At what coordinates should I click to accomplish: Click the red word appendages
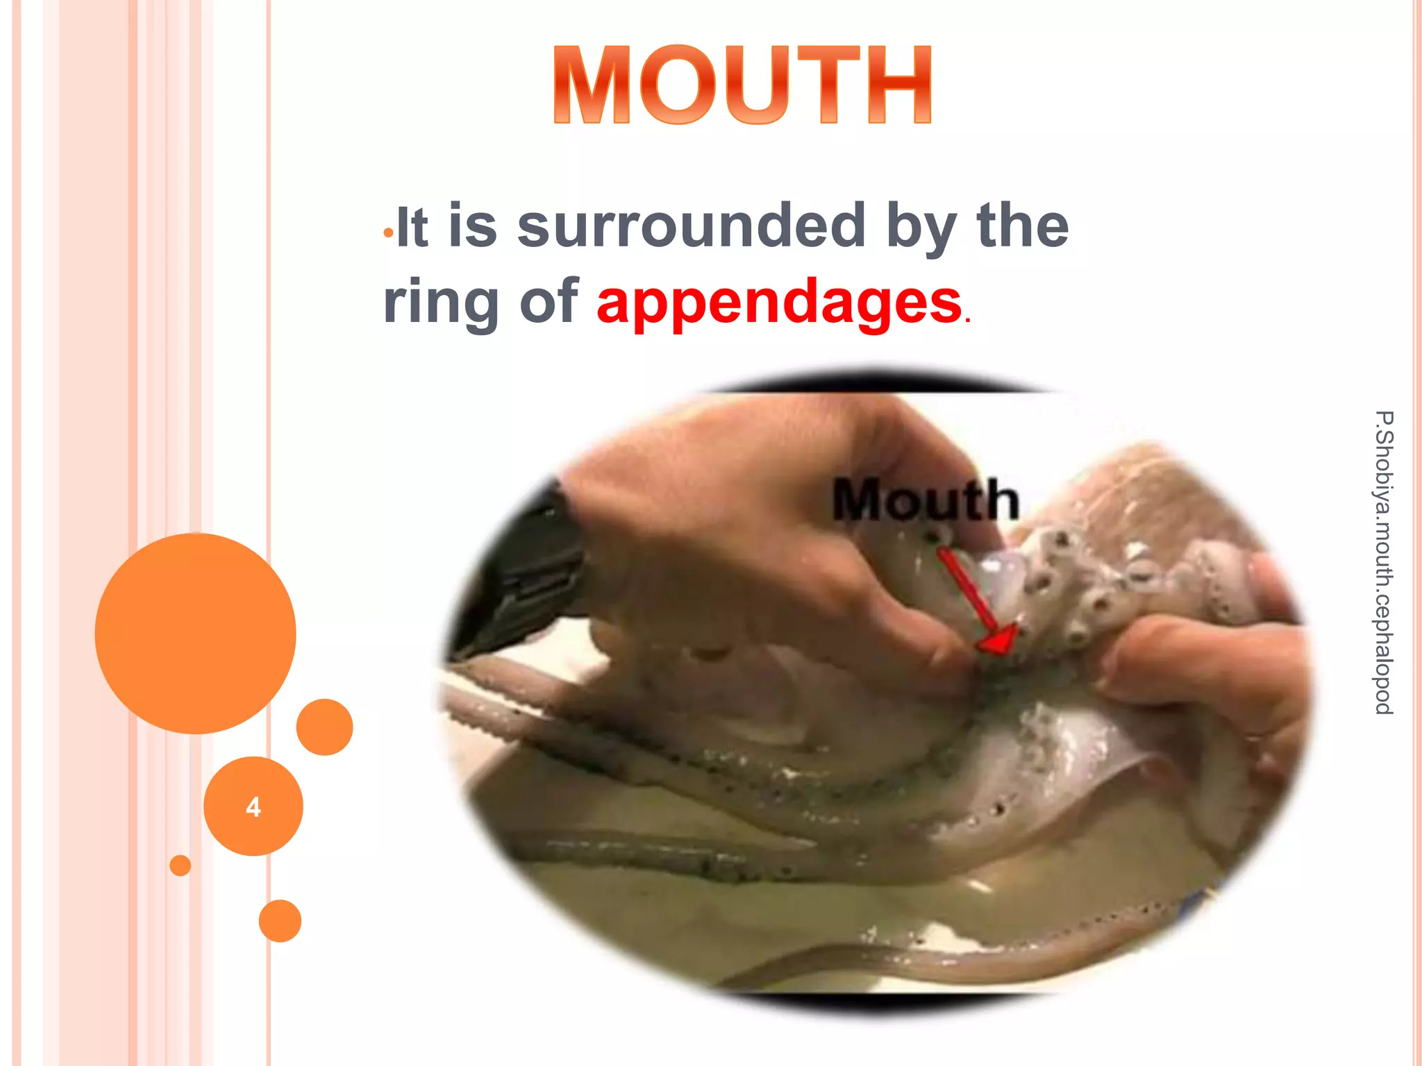point(779,302)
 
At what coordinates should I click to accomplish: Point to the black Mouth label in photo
point(925,500)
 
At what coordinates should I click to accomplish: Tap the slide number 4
point(253,807)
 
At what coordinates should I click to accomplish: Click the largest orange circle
point(196,633)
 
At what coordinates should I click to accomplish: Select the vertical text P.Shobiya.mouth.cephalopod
point(1384,562)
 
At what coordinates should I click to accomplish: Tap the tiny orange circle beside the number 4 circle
point(181,865)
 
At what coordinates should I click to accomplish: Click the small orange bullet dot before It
point(388,232)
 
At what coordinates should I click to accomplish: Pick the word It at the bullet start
point(412,227)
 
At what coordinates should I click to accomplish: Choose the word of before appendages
point(549,302)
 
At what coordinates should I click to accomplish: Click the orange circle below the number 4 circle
point(280,921)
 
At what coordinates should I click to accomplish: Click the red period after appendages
point(967,321)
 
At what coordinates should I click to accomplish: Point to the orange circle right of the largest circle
point(324,727)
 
